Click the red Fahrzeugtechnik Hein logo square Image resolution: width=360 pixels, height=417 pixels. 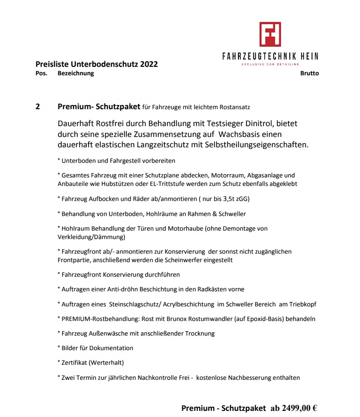pyautogui.click(x=270, y=34)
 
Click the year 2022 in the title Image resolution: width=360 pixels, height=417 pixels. pyautogui.click(x=148, y=64)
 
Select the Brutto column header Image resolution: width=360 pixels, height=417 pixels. pyautogui.click(x=309, y=73)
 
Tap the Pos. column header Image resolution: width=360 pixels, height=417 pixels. pyautogui.click(x=41, y=73)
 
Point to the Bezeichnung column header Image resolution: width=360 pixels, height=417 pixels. pyautogui.click(x=75, y=73)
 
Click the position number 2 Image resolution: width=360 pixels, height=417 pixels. pyautogui.click(x=38, y=106)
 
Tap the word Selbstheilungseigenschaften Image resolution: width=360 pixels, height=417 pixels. pyautogui.click(x=257, y=144)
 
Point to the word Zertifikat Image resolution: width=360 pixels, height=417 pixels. pyautogui.click(x=74, y=363)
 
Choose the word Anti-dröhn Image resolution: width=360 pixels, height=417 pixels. pyautogui.click(x=115, y=289)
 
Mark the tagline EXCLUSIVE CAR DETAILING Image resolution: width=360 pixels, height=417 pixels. pyautogui.click(x=270, y=64)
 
